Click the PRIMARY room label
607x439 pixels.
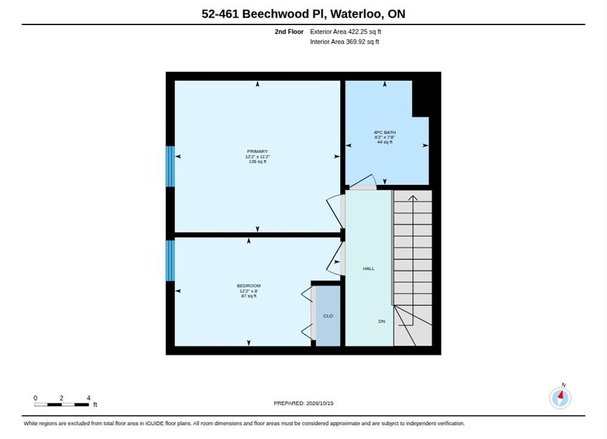(x=258, y=151)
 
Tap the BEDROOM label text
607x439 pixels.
(x=249, y=286)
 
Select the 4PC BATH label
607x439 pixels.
(x=385, y=132)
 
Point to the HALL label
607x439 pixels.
(x=369, y=268)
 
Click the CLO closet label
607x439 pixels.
(x=328, y=316)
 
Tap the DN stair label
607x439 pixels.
(x=382, y=321)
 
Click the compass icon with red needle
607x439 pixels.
(x=560, y=398)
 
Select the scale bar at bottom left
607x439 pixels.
(x=62, y=405)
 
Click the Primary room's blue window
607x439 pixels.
(x=170, y=166)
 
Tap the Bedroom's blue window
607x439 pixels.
(x=170, y=260)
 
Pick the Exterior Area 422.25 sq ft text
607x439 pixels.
(x=346, y=32)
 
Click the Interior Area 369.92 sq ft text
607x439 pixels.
(x=344, y=41)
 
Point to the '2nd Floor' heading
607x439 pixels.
(x=289, y=32)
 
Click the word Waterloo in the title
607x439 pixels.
(x=357, y=14)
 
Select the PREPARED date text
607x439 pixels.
(x=303, y=403)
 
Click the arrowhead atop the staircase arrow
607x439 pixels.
(x=413, y=198)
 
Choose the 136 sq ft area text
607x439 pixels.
(x=258, y=162)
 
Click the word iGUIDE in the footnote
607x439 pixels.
(x=155, y=423)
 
